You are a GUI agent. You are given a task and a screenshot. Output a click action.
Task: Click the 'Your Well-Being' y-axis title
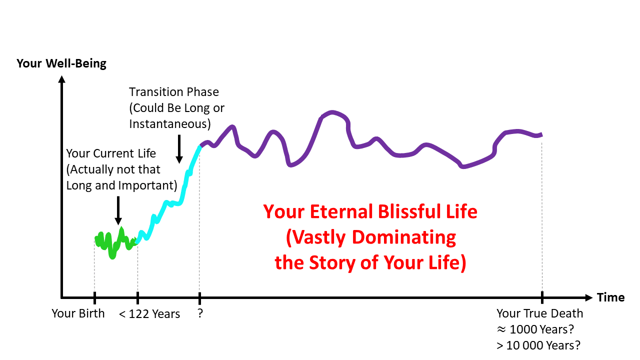(61, 63)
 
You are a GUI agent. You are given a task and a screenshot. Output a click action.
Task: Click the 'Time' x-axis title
(610, 297)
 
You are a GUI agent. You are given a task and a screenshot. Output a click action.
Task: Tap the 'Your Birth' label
(78, 313)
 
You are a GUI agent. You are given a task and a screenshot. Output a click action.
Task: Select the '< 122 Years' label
(149, 314)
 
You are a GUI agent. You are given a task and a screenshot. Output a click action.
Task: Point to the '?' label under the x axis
(200, 314)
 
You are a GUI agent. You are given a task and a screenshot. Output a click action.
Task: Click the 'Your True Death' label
(539, 313)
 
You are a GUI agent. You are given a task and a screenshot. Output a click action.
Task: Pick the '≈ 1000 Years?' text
(539, 329)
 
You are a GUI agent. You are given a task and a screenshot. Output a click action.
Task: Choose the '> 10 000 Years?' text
(539, 345)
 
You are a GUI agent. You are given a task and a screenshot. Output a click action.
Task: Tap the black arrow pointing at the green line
(118, 210)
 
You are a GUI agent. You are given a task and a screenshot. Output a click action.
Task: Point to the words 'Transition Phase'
(174, 92)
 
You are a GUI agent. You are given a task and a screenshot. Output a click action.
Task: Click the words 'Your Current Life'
(111, 153)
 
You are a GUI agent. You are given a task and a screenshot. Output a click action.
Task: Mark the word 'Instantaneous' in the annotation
(169, 123)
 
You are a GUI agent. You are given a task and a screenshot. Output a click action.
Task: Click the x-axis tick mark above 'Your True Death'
(542, 297)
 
